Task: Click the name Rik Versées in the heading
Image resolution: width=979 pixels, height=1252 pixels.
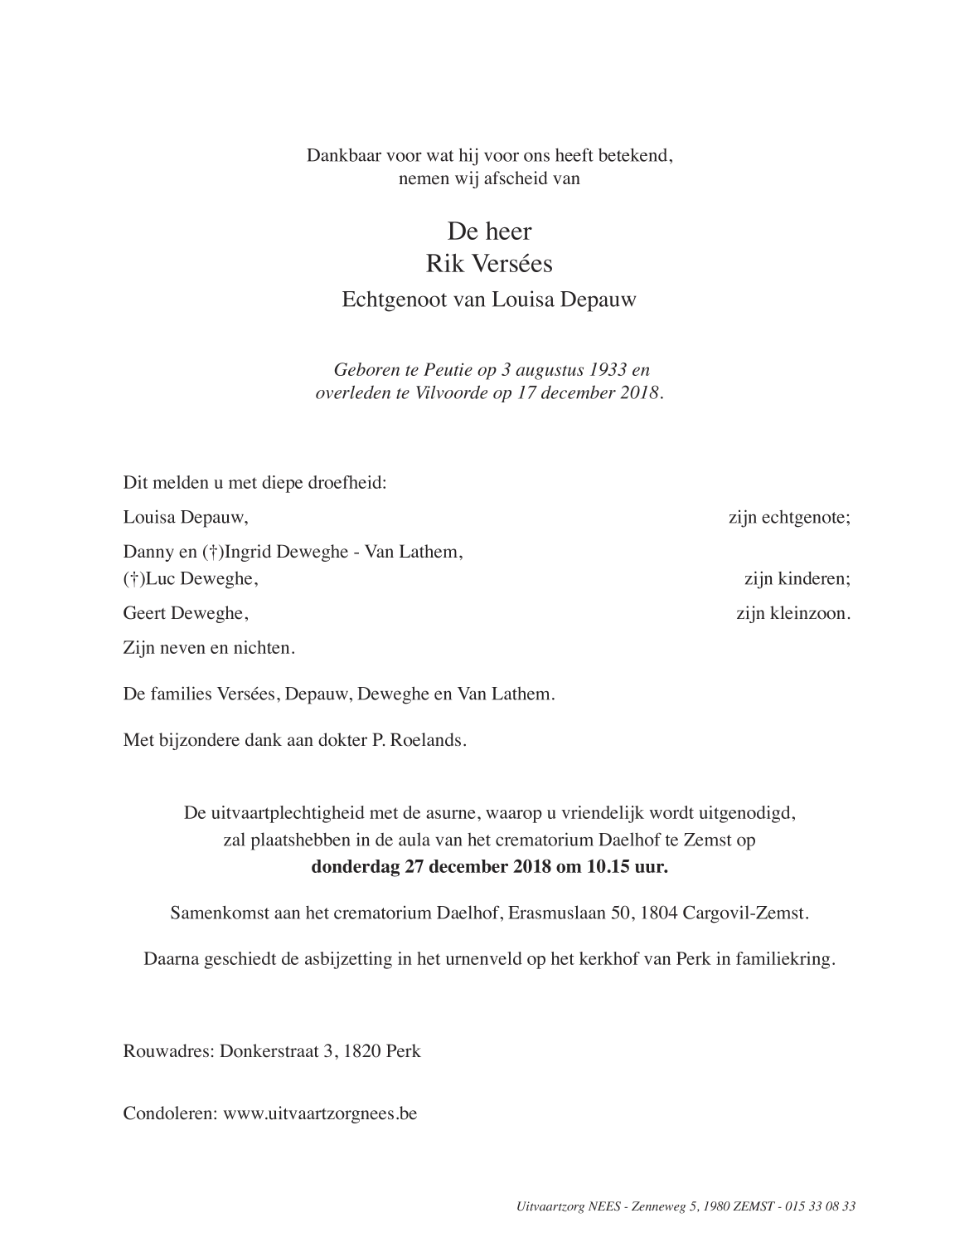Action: (489, 264)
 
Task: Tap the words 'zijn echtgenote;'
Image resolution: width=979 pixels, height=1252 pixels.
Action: (789, 518)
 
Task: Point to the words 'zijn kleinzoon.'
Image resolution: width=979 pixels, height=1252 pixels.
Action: (793, 614)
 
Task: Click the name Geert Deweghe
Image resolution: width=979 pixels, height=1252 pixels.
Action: (186, 614)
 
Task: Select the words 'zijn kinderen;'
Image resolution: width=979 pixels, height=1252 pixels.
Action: (797, 579)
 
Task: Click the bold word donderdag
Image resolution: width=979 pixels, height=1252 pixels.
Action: (356, 868)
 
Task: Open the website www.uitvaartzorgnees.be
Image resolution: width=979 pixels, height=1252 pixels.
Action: (320, 1113)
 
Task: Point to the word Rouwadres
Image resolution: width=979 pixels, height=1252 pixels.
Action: (168, 1051)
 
